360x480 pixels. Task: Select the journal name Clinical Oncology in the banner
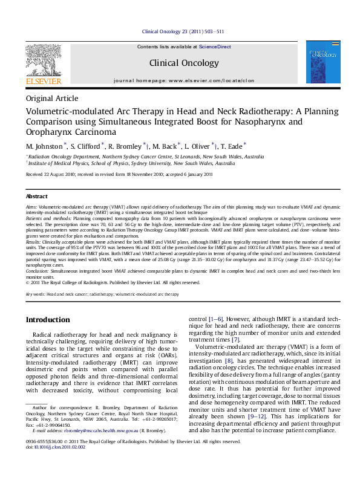pyautogui.click(x=180, y=62)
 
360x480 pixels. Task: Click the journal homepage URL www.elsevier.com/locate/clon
pyautogui.click(x=211, y=80)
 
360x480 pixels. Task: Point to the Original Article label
pyautogui.click(x=52, y=99)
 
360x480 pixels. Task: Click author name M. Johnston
pyautogui.click(x=45, y=146)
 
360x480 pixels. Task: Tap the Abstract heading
pyautogui.click(x=36, y=196)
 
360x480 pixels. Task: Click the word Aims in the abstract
pyautogui.click(x=31, y=207)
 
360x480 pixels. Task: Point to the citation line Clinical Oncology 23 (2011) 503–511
pyautogui.click(x=183, y=31)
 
